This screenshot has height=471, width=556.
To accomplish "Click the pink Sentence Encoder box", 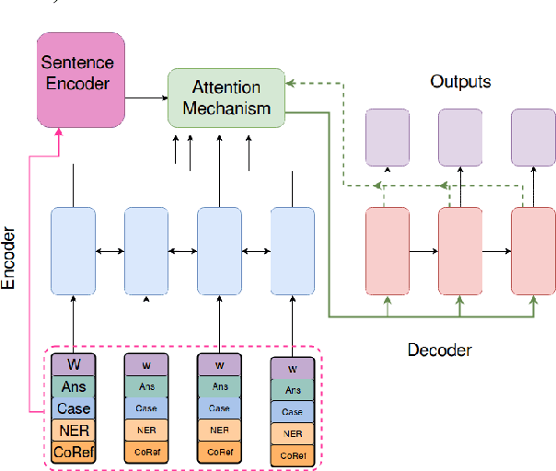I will (78, 77).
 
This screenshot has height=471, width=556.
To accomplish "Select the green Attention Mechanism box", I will (226, 98).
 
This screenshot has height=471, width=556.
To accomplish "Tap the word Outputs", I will (460, 82).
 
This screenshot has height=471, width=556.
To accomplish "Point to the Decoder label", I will (439, 350).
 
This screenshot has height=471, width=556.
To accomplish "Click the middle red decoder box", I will (460, 250).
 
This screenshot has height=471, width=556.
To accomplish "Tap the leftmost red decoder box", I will (388, 250).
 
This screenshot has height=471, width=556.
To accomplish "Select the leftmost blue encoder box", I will (73, 250).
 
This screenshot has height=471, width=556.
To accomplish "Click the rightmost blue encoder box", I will (292, 250).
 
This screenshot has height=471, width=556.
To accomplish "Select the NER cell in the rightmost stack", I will (292, 433).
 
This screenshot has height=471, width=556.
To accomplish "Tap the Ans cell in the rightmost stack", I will (292, 390).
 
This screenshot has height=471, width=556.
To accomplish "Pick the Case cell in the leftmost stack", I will (73, 408).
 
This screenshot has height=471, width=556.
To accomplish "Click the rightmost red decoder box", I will (532, 250).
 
